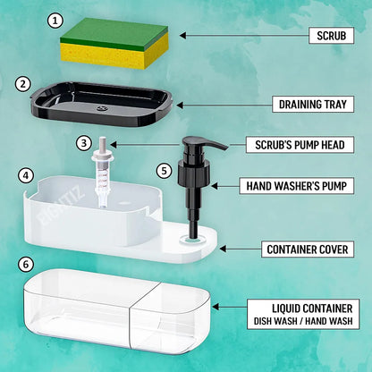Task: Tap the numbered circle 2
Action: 22,84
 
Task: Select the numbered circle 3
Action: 83,142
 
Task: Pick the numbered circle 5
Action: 162,169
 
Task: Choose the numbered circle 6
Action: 26,264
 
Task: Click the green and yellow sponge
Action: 114,44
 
